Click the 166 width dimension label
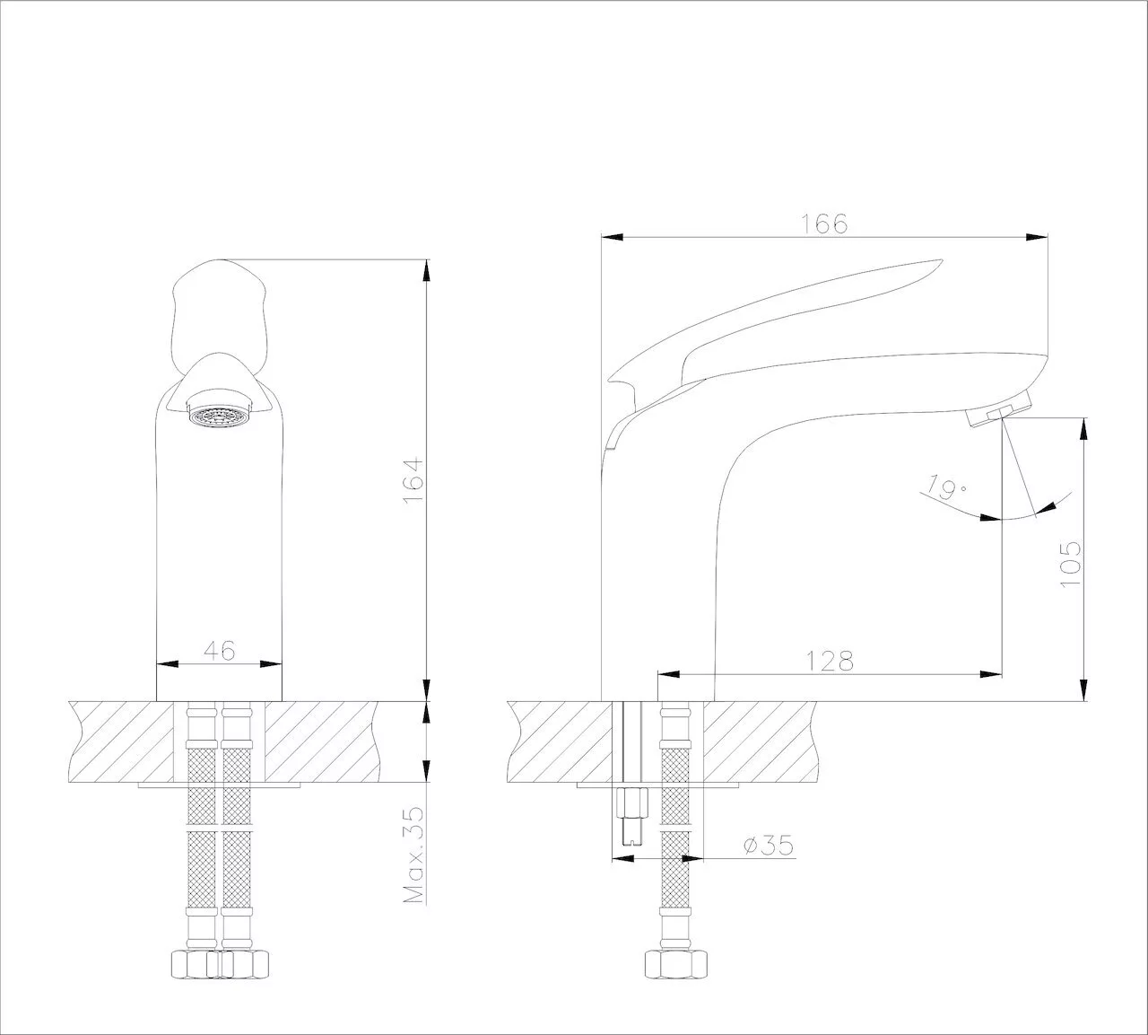click(823, 224)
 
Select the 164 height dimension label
click(413, 480)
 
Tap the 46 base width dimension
click(220, 650)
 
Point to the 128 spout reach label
click(830, 661)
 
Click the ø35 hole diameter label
click(769, 845)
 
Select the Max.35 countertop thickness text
click(413, 855)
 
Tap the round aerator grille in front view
click(217, 416)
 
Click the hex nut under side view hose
click(676, 964)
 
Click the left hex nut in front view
click(196, 964)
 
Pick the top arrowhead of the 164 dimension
click(426, 270)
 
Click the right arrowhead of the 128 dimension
click(991, 674)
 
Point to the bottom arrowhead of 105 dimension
click(1083, 689)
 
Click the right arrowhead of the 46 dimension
click(271, 664)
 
